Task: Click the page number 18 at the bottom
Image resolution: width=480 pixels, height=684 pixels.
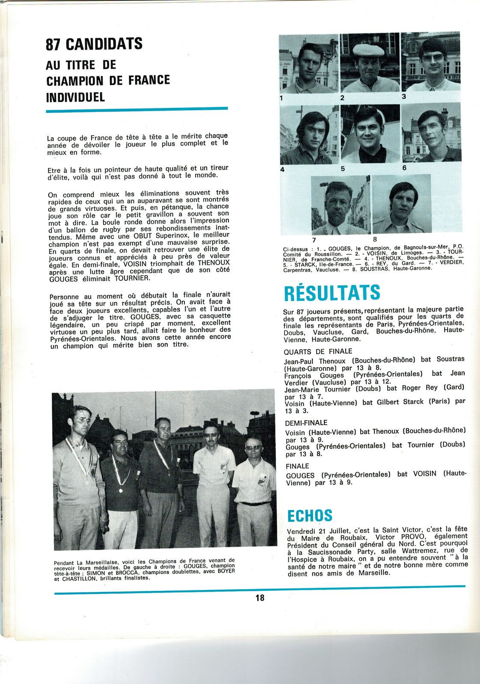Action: [260, 598]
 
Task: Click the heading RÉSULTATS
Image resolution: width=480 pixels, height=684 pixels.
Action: [332, 293]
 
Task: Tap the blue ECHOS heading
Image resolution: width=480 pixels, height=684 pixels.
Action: [310, 516]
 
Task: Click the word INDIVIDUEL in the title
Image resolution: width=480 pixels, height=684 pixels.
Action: [75, 97]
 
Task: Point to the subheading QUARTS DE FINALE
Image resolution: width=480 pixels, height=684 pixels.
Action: [318, 351]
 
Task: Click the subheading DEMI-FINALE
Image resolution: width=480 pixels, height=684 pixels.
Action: [306, 422]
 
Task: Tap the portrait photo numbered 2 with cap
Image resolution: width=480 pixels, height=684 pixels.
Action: [370, 63]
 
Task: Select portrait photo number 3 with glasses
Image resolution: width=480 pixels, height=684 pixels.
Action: [431, 62]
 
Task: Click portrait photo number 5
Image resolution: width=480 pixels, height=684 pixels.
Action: [370, 134]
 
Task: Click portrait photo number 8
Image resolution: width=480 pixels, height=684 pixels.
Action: [401, 204]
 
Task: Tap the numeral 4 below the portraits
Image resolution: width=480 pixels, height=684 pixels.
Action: [282, 170]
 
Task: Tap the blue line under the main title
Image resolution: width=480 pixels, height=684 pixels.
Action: [137, 110]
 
